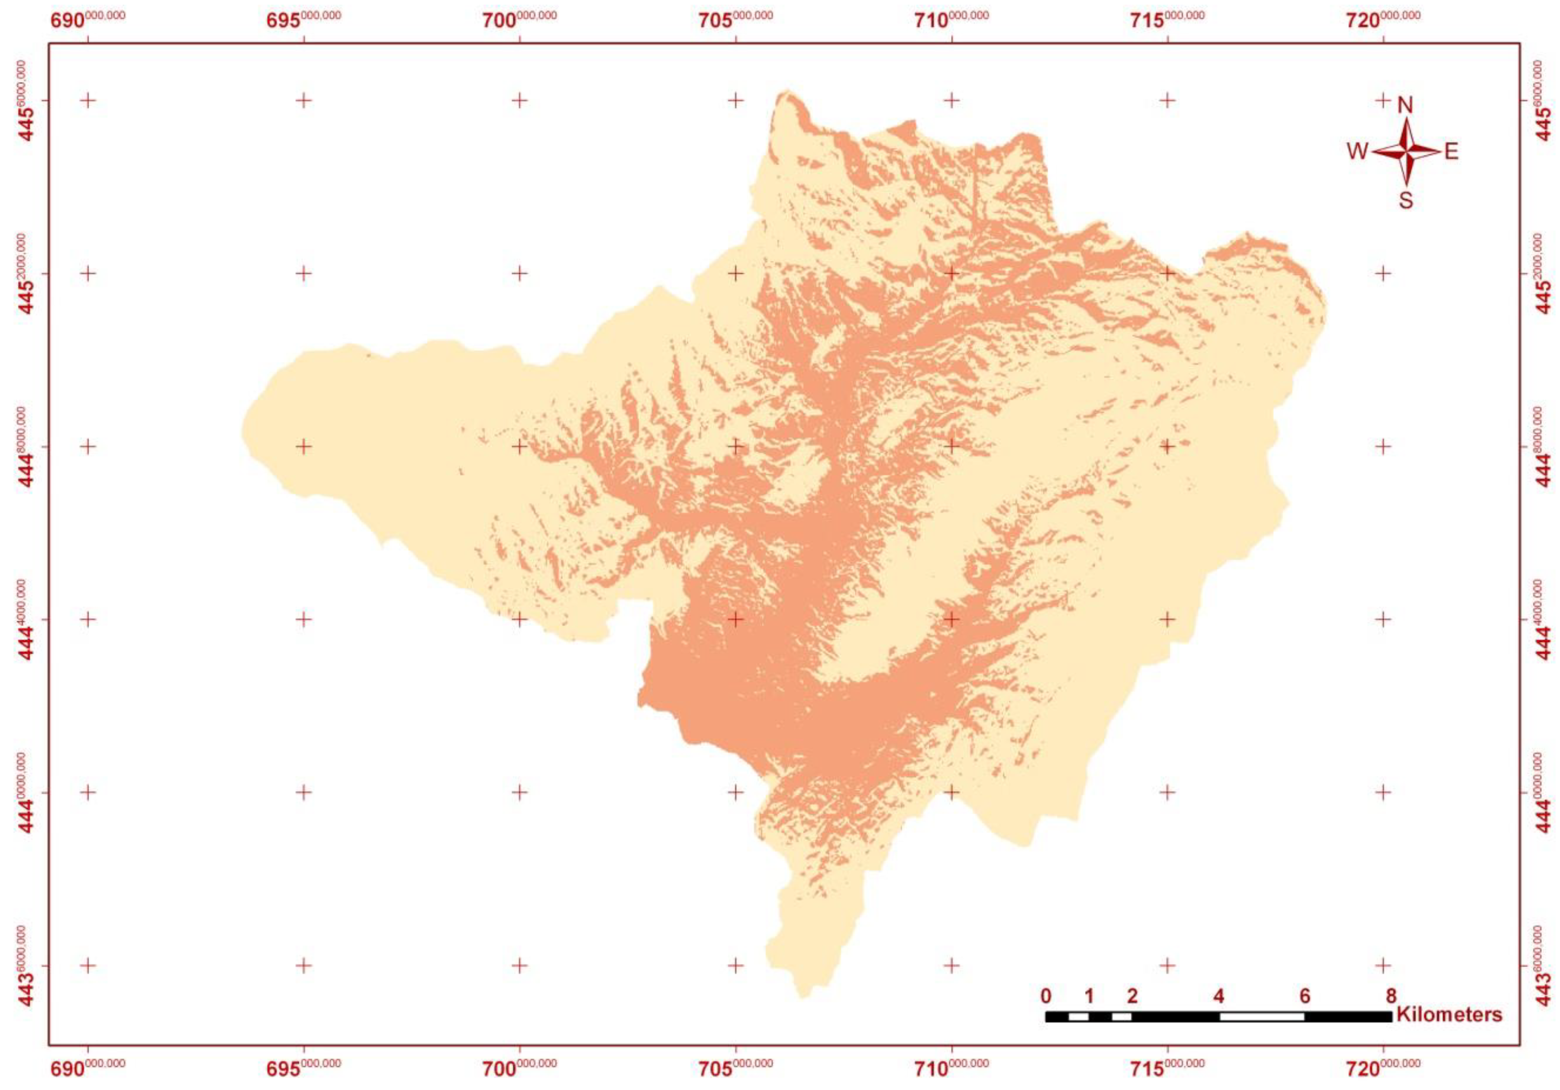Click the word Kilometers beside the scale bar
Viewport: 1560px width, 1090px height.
(x=1449, y=1015)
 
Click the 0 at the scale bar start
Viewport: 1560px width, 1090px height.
(x=1046, y=996)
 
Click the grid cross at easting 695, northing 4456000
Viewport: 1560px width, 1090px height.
(x=304, y=100)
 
